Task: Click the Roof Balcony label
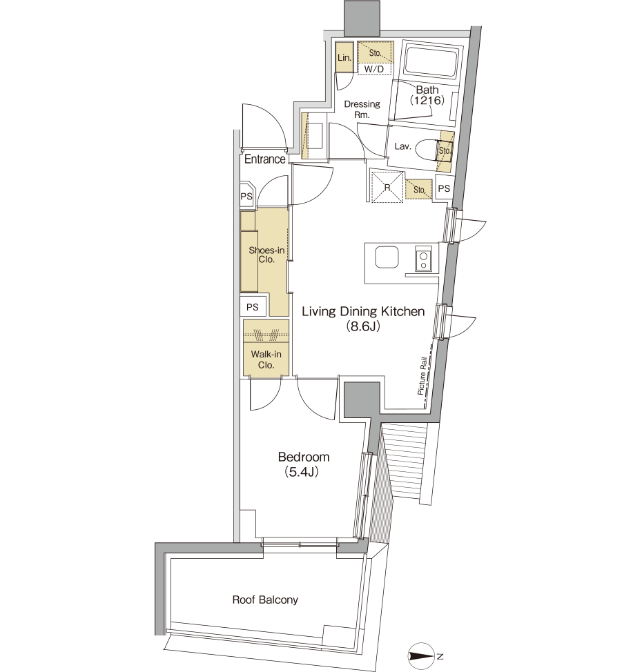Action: pos(265,600)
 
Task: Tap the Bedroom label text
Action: pos(304,457)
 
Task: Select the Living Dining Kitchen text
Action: pos(363,312)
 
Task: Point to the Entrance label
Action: pos(264,159)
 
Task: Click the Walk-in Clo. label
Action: pos(266,359)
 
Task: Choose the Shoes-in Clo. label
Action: pos(266,255)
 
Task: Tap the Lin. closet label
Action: pos(344,57)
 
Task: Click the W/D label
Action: pos(374,69)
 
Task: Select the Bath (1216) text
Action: pos(427,95)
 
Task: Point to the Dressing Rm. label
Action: pos(362,109)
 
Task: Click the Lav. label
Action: pos(402,146)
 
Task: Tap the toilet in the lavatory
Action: pos(433,150)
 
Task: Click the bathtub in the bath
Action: pos(432,63)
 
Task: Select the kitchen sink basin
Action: pos(387,258)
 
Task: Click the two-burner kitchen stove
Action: pos(423,259)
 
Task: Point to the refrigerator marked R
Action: pos(387,187)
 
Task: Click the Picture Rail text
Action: pos(422,376)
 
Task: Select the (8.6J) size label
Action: pos(363,327)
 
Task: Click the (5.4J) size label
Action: pos(302,473)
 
